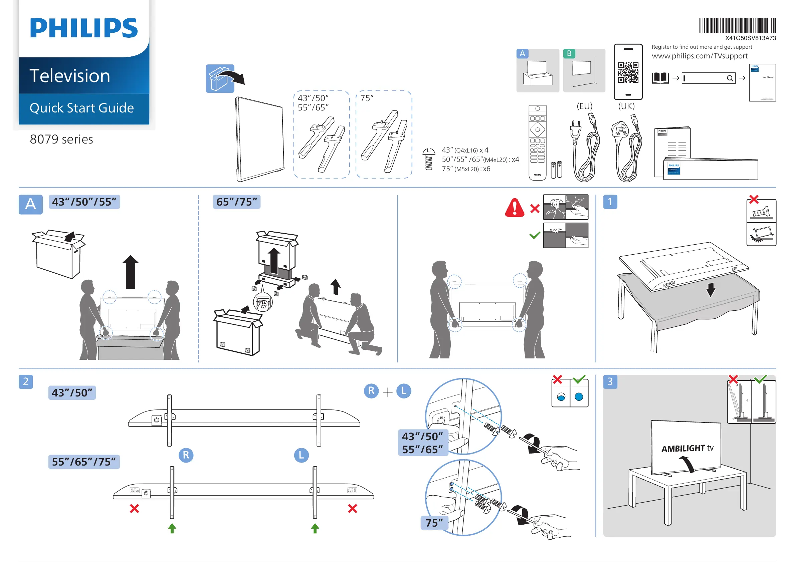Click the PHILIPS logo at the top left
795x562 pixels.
tap(84, 28)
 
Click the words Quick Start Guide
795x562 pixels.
tap(82, 108)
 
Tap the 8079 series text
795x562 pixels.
tap(61, 139)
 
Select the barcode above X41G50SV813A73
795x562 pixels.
tap(737, 26)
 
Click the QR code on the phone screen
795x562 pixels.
tap(628, 72)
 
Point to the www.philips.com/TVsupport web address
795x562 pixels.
tap(700, 56)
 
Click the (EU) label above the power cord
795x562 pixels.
tap(584, 106)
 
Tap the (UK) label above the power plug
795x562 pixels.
tap(626, 106)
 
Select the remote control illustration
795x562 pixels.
tap(537, 143)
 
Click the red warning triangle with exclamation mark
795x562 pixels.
tap(515, 208)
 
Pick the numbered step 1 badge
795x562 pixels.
tap(610, 202)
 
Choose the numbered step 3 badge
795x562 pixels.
tap(610, 382)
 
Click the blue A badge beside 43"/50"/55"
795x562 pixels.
tap(30, 204)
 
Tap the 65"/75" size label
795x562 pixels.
tap(236, 202)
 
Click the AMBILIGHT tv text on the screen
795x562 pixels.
tap(687, 449)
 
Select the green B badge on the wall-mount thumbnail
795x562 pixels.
tap(569, 54)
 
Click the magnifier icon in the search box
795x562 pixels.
tap(730, 78)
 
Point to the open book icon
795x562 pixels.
tap(660, 78)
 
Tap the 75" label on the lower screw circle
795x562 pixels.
tap(434, 523)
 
